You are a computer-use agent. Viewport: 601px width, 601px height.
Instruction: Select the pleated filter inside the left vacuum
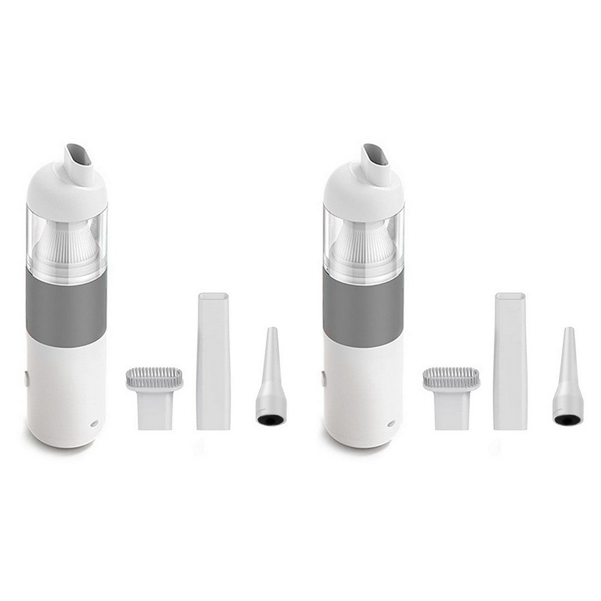pyautogui.click(x=65, y=243)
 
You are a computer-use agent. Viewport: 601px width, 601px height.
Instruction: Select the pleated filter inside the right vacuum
pyautogui.click(x=361, y=243)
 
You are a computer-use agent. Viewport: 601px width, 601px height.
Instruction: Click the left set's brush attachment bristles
pyautogui.click(x=153, y=378)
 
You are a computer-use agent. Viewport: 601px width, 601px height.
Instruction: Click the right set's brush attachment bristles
pyautogui.click(x=451, y=378)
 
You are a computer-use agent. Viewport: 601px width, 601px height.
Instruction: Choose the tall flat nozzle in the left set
pyautogui.click(x=213, y=361)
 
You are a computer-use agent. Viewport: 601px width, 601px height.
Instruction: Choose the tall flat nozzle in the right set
pyautogui.click(x=510, y=361)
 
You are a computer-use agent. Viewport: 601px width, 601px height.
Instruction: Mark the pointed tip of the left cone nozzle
pyautogui.click(x=272, y=330)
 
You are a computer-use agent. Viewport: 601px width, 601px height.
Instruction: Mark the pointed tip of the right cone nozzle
pyautogui.click(x=569, y=330)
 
